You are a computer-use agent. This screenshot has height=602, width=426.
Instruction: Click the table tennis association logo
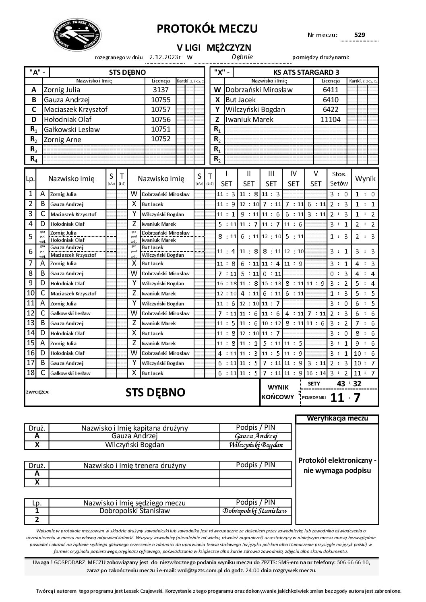(x=77, y=35)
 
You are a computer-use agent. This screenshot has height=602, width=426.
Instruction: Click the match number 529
(x=359, y=35)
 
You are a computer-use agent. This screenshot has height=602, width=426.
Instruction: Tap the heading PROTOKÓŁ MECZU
(x=207, y=29)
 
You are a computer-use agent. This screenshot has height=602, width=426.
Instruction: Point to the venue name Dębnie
(x=242, y=57)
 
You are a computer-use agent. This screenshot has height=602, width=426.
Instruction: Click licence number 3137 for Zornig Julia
(x=160, y=90)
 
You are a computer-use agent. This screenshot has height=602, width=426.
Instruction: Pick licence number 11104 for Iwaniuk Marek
(x=330, y=120)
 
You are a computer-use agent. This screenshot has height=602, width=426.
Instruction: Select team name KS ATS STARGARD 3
(x=306, y=72)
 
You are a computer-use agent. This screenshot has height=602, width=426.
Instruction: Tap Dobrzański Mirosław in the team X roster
(x=259, y=90)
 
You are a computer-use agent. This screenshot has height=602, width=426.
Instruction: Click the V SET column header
(x=316, y=179)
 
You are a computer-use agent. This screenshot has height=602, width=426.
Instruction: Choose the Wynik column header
(x=365, y=179)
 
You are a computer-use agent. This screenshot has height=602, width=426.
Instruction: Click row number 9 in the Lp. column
(x=31, y=283)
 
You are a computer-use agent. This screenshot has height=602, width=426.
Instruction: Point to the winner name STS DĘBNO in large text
(x=155, y=392)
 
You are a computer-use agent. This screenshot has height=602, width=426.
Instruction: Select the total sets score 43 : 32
(x=349, y=384)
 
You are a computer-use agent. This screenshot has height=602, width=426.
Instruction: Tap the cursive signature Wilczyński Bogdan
(x=255, y=445)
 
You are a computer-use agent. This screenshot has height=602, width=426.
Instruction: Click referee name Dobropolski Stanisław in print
(x=134, y=511)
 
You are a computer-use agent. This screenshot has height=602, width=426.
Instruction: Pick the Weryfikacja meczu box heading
(x=337, y=419)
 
